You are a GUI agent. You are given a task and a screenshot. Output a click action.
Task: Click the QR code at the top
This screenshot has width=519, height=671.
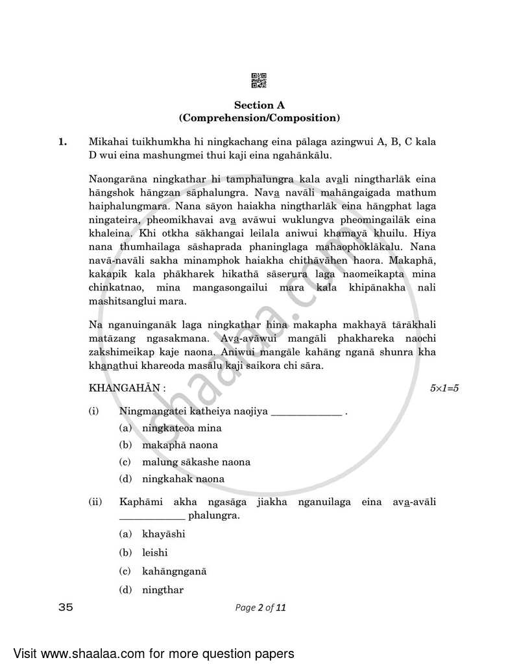tap(259, 81)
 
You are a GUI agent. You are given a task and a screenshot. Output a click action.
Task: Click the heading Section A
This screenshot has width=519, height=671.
tap(259, 105)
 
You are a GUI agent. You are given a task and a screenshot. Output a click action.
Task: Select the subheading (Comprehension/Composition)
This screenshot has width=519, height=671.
tap(259, 118)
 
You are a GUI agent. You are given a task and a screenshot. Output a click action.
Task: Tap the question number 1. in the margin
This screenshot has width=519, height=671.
tap(62, 141)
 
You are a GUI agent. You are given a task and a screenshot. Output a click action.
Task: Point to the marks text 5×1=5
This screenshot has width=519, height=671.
tap(444, 388)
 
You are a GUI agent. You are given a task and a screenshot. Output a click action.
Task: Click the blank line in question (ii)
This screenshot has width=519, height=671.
tap(152, 517)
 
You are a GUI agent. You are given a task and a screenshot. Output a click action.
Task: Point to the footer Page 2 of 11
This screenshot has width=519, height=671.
tap(260, 607)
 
